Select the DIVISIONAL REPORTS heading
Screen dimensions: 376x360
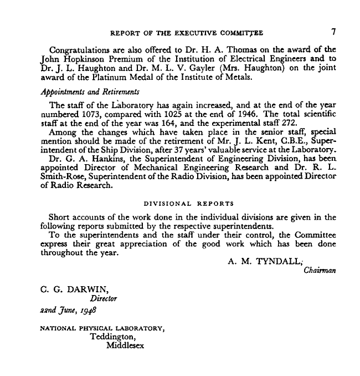coord(186,204)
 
